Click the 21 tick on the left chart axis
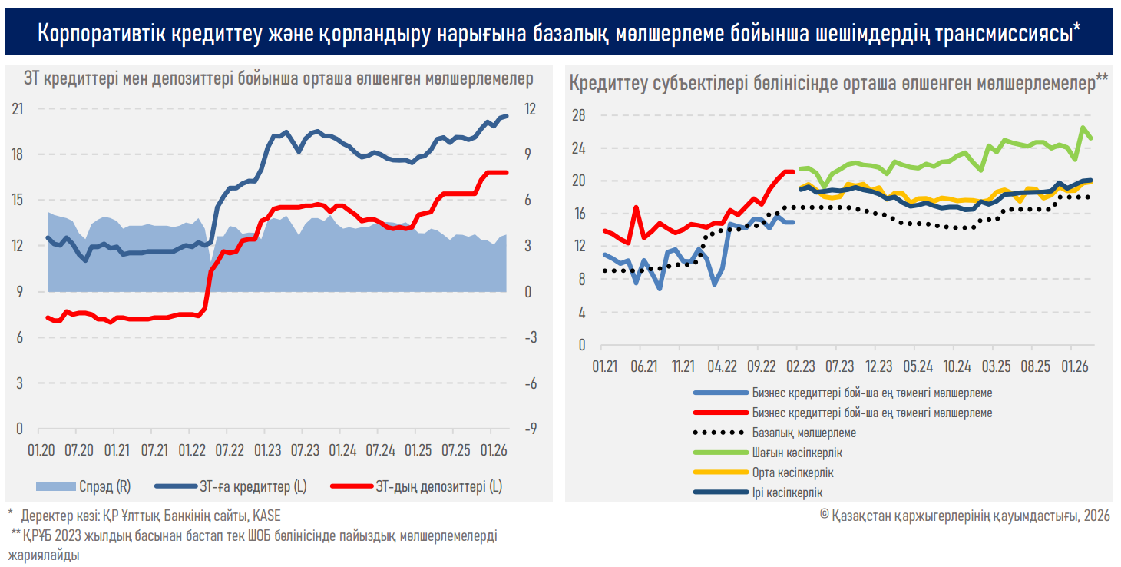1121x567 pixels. [18, 109]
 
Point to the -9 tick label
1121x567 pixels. [531, 429]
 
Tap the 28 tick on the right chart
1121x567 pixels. [579, 115]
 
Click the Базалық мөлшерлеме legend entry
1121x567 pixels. [804, 433]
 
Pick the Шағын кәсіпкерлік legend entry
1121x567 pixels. [797, 453]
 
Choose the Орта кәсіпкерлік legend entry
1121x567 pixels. [793, 472]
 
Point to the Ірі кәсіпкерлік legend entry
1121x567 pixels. [788, 492]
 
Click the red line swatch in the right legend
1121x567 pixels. [719, 413]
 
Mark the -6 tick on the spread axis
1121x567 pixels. [531, 383]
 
